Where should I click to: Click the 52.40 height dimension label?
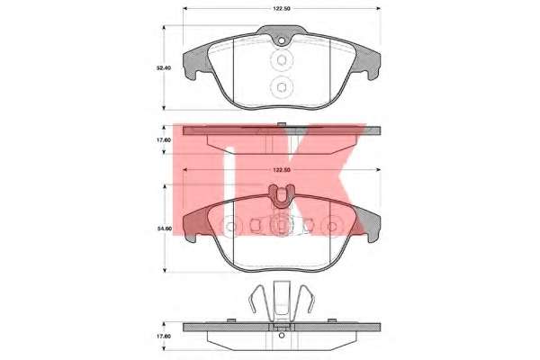click(163, 68)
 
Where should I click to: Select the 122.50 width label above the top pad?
click(282, 8)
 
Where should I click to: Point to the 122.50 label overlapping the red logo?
click(282, 170)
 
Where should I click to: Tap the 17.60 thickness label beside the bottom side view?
click(163, 336)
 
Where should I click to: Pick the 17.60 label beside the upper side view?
click(163, 140)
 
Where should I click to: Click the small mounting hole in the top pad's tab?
click(282, 41)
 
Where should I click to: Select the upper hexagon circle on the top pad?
click(282, 60)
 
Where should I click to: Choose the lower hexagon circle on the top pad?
click(282, 86)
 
